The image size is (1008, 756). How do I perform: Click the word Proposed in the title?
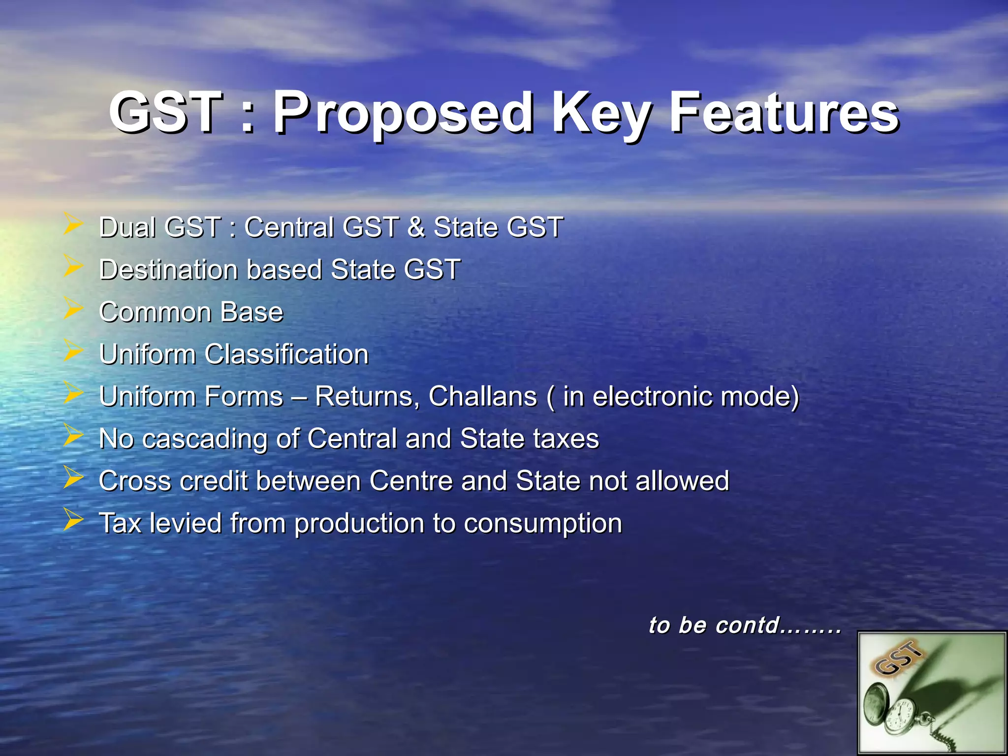click(x=403, y=114)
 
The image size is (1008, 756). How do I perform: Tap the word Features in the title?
click(x=784, y=114)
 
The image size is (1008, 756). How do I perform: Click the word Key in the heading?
click(x=600, y=114)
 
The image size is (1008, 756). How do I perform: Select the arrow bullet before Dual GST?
click(x=73, y=224)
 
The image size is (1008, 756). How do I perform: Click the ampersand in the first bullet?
click(x=416, y=227)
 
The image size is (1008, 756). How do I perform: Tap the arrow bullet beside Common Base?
click(x=73, y=309)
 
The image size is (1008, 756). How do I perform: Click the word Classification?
click(x=286, y=354)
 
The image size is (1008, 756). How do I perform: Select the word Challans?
click(x=482, y=397)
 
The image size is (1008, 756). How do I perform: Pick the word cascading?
click(x=205, y=439)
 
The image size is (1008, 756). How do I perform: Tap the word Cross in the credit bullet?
click(x=135, y=481)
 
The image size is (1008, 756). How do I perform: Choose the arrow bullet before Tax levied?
click(x=73, y=520)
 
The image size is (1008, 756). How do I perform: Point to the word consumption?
click(x=542, y=524)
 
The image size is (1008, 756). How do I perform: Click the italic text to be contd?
click(x=744, y=626)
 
